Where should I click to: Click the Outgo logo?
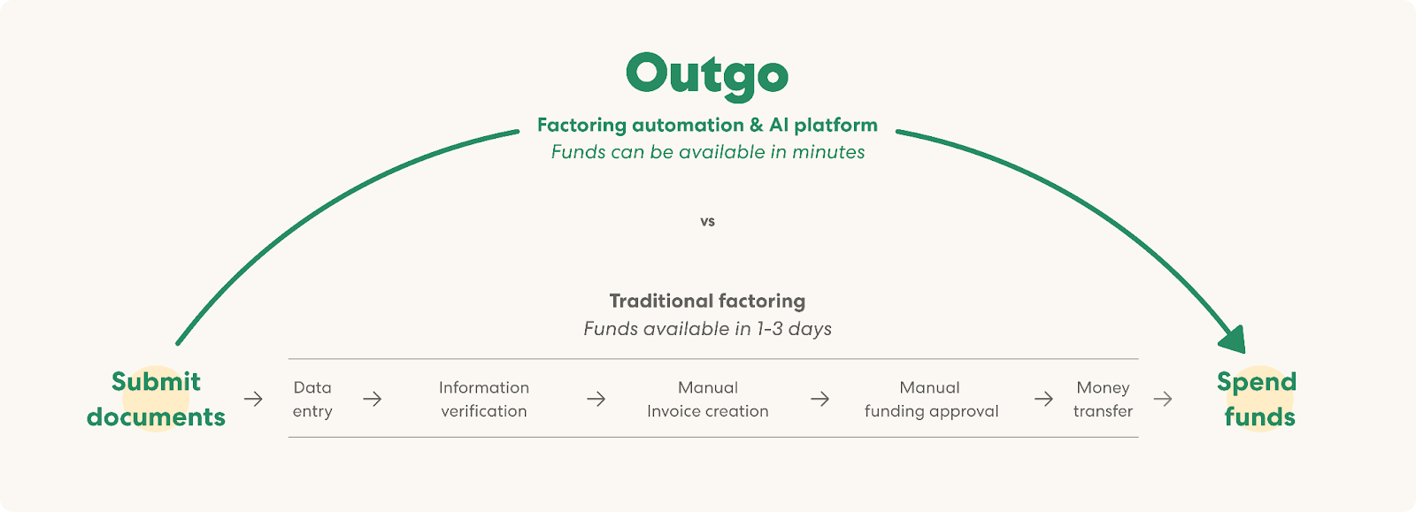coord(707,76)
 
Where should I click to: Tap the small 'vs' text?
coord(707,222)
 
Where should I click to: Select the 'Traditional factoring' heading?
coord(707,301)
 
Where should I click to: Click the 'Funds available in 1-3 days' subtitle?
coord(707,328)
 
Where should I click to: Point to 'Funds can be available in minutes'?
coord(708,152)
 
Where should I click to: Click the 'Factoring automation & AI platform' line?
coord(707,125)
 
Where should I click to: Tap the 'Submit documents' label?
coord(156,399)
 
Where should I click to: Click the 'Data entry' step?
coord(312,399)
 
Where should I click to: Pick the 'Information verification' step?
coord(484,399)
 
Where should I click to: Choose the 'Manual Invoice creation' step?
coord(708,399)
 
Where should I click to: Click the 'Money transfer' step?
coord(1103,399)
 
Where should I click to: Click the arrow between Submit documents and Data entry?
coord(253,399)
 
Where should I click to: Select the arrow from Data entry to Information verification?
coord(373,399)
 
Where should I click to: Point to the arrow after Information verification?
coord(596,399)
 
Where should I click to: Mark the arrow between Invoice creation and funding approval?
coord(820,399)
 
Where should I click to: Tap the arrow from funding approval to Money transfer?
coord(1043,399)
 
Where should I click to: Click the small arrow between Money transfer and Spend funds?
coord(1163,399)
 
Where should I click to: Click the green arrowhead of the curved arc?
coord(1234,341)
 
